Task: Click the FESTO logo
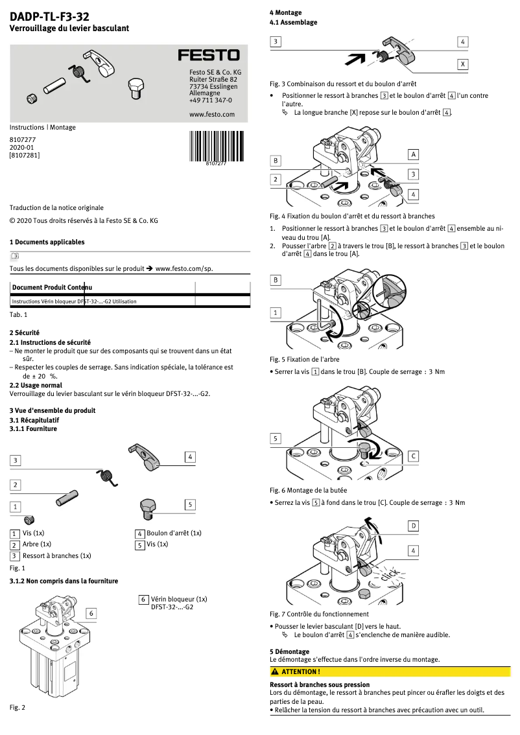click(209, 56)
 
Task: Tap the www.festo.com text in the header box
click(211, 114)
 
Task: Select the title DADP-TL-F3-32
click(49, 16)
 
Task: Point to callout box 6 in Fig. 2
click(91, 612)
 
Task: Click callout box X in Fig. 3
click(462, 65)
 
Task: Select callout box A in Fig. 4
click(413, 154)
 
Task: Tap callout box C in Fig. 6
click(413, 456)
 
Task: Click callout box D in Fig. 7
click(413, 526)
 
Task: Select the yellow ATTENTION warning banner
click(390, 671)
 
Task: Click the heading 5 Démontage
click(290, 651)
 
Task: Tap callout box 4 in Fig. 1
click(190, 456)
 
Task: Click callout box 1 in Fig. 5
click(276, 312)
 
